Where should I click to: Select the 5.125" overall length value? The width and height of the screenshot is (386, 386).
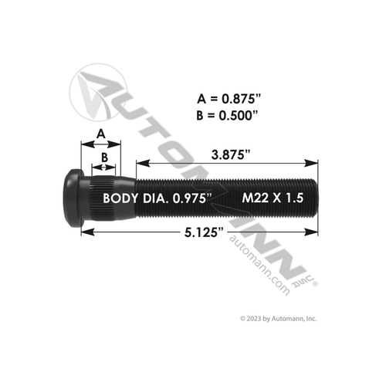pyautogui.click(x=201, y=231)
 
